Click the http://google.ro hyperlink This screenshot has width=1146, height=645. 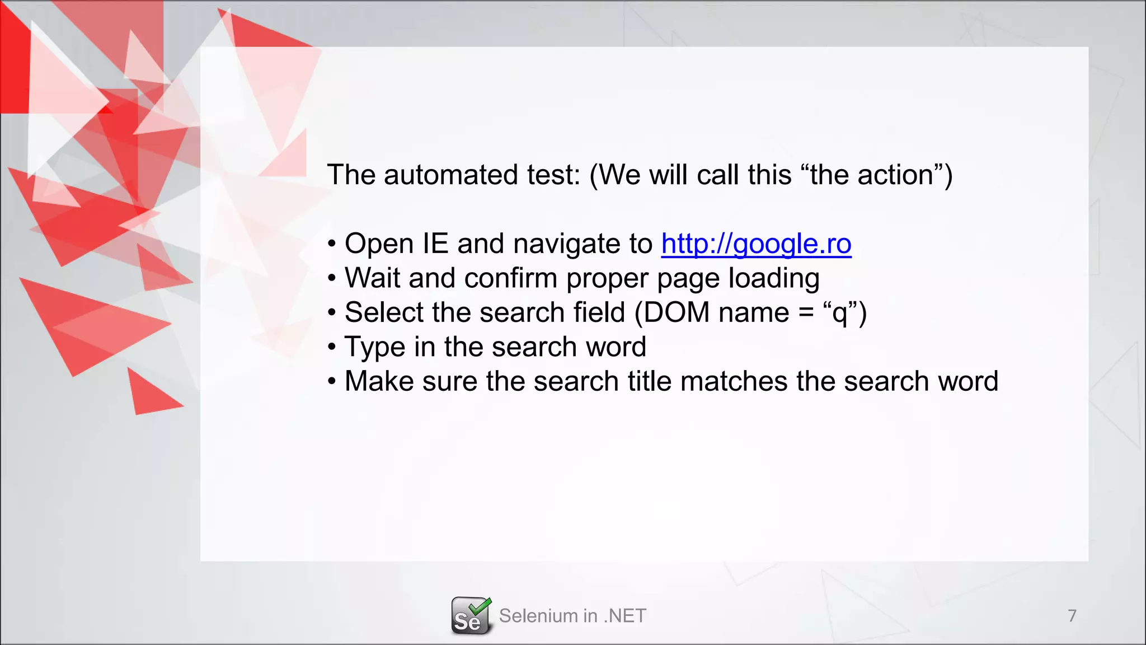tap(756, 244)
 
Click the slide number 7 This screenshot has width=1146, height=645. tap(1072, 616)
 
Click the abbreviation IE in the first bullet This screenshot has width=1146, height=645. tap(435, 244)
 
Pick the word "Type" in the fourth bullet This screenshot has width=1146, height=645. tap(374, 348)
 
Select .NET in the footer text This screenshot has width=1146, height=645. tap(625, 616)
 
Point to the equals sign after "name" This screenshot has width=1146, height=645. tap(806, 314)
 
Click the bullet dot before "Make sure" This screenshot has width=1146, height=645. tap(332, 382)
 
